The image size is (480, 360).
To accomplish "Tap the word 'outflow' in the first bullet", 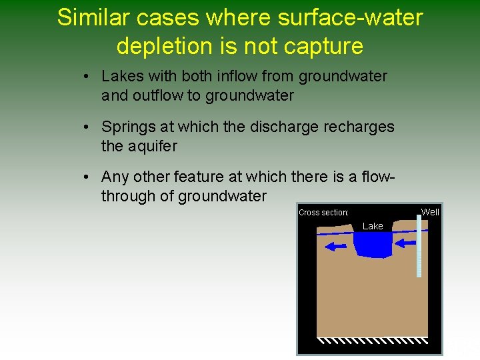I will [x=158, y=96].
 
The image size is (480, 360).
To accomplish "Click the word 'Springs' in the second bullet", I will [x=127, y=127].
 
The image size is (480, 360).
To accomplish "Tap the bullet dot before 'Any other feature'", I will [x=87, y=177].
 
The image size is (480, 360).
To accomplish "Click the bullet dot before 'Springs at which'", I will [x=87, y=127].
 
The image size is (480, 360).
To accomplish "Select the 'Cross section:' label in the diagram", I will [x=323, y=213].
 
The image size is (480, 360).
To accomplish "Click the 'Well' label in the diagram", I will [x=430, y=212].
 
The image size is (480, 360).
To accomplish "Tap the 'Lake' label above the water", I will [x=373, y=226].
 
